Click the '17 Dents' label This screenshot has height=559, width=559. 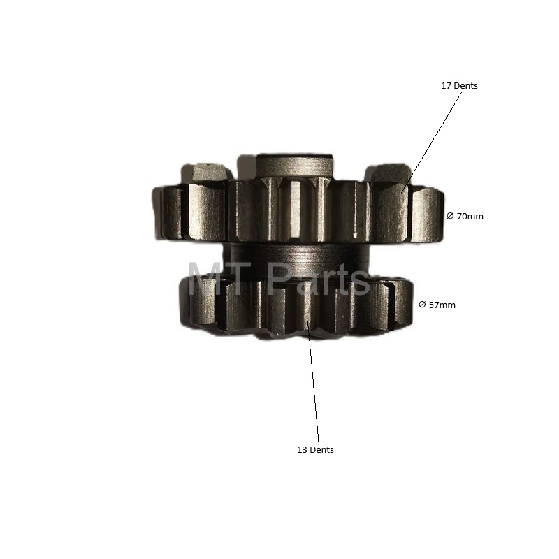(x=459, y=86)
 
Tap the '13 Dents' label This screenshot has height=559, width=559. (x=316, y=450)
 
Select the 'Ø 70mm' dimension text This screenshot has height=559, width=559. (x=465, y=217)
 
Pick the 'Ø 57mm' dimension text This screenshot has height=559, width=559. (x=437, y=305)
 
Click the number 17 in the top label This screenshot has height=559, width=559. (x=446, y=86)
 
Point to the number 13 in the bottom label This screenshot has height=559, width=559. (x=302, y=450)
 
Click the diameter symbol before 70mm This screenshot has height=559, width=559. (x=450, y=216)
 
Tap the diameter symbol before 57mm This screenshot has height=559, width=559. (x=422, y=305)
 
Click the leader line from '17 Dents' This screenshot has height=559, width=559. (x=431, y=143)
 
